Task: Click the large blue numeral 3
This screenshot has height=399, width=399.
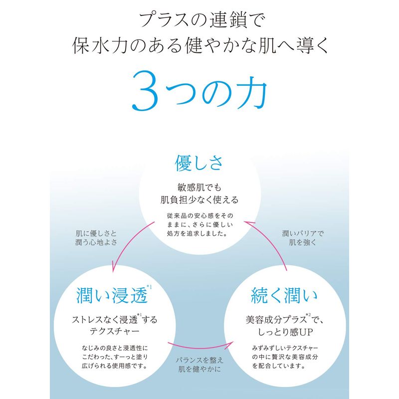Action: [144, 90]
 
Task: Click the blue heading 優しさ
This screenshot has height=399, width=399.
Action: [199, 163]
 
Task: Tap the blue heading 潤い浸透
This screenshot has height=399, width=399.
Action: [112, 295]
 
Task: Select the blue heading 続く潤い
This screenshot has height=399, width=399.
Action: [284, 295]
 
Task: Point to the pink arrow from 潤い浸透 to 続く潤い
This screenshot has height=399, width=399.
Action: [201, 347]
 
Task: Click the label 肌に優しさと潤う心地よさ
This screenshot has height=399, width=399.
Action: [96, 238]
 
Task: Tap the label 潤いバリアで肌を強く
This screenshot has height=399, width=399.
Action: [303, 238]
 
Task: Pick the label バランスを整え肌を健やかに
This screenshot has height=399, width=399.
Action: [199, 365]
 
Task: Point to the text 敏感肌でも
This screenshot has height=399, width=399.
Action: [199, 188]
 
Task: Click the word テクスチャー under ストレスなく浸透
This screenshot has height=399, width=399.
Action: [115, 331]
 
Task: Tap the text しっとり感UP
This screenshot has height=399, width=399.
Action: [285, 332]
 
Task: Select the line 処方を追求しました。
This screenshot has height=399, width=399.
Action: [197, 233]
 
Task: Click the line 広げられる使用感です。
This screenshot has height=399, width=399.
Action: [115, 366]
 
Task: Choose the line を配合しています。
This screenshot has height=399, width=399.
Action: [279, 366]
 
